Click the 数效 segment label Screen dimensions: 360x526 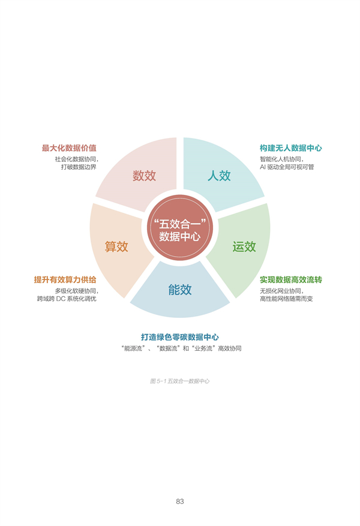coord(144,176)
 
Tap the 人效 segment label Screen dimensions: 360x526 coord(219,176)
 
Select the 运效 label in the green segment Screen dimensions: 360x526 coord(244,247)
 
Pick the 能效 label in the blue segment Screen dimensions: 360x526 coord(180,290)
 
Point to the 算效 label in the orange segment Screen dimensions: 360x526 coord(116,247)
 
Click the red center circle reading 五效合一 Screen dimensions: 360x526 coord(180,227)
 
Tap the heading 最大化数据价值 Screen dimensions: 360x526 coord(69,148)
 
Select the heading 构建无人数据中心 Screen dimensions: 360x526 coord(291,148)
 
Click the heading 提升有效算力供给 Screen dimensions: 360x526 coord(65,279)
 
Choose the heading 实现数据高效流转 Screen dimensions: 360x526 coord(291,279)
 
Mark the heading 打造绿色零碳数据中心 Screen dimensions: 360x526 coord(180,337)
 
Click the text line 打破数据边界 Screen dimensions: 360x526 coord(79,167)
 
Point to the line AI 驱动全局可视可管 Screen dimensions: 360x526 coord(287,167)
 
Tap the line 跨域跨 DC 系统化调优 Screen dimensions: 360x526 coord(67,299)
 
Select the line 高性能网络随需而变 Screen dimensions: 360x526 coord(286,299)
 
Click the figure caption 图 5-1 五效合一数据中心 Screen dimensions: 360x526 coord(180,381)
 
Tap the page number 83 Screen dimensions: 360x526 coord(180,501)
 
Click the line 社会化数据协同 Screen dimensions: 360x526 coord(77,159)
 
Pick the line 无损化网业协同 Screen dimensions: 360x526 coord(282,291)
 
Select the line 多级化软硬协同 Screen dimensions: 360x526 coord(77,291)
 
